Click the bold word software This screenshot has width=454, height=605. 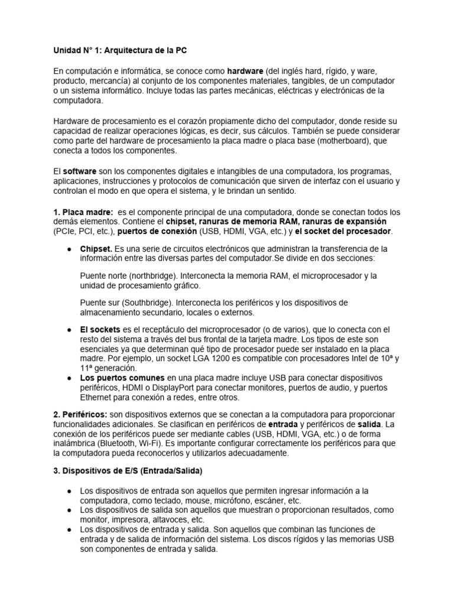(80, 171)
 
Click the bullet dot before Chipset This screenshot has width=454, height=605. (70, 249)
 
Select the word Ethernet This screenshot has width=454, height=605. (96, 397)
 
